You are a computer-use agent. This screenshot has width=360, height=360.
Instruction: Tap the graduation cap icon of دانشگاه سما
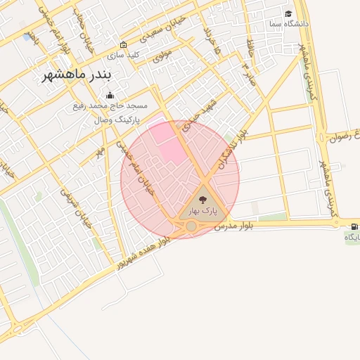(x=288, y=14)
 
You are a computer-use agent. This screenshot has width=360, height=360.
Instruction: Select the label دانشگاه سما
(x=288, y=24)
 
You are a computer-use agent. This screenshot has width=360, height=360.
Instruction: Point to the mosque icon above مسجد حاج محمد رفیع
(x=109, y=96)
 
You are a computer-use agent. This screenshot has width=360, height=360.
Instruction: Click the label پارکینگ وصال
(x=117, y=120)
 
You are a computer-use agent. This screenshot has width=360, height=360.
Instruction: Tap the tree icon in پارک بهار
(x=203, y=200)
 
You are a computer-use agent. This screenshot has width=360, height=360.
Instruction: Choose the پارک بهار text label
(x=203, y=210)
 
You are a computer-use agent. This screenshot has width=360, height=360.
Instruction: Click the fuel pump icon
(x=353, y=226)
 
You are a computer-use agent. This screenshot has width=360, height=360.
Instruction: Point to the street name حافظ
(x=250, y=49)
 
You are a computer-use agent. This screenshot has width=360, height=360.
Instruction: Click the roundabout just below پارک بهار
(x=191, y=226)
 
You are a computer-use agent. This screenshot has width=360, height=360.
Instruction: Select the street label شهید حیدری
(x=205, y=115)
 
